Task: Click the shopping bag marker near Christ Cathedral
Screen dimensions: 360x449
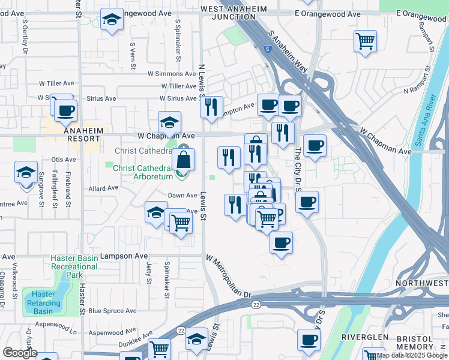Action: pos(184,160)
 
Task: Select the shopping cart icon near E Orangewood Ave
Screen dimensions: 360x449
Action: pos(365,41)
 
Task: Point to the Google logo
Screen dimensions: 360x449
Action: pos(19,353)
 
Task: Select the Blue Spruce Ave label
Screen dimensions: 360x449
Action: pos(112,311)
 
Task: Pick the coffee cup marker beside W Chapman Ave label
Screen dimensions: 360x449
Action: pos(315,145)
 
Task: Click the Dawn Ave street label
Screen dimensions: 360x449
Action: pos(182,195)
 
